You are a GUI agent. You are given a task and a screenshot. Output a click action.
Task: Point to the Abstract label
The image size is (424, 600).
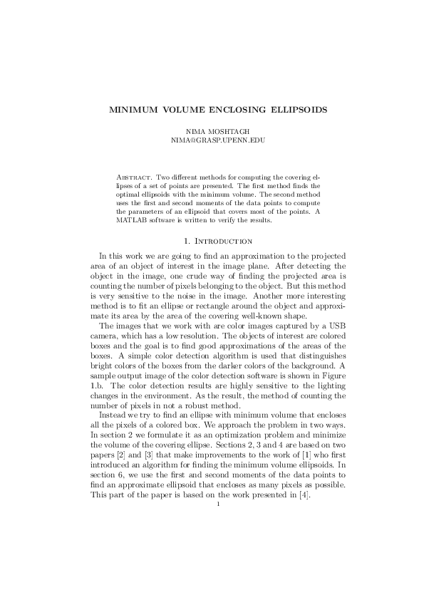pyautogui.click(x=133, y=176)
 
